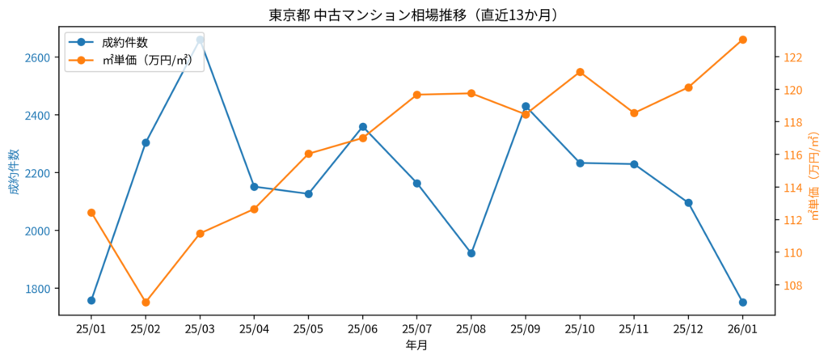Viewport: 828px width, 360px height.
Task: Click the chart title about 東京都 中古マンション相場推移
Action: tap(413, 15)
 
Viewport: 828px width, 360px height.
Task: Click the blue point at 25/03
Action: tap(200, 40)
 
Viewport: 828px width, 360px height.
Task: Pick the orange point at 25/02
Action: tap(146, 303)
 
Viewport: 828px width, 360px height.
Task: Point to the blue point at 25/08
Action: tap(471, 253)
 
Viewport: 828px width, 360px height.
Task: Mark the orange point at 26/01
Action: tap(742, 40)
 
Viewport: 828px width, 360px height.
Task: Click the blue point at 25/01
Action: tap(91, 300)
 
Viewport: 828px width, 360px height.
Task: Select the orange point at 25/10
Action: tap(580, 72)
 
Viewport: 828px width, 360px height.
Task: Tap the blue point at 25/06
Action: tap(363, 127)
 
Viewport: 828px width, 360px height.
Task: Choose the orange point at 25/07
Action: tap(417, 95)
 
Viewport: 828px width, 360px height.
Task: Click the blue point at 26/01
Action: tap(742, 303)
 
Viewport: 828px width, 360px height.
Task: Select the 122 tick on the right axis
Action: tap(792, 57)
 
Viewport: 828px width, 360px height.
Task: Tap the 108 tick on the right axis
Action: tap(792, 286)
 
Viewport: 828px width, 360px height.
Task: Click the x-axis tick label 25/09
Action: tap(526, 329)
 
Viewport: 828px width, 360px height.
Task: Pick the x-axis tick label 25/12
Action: tap(688, 329)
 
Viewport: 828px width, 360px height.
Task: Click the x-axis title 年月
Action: tap(416, 345)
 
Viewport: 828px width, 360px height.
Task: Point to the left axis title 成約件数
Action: tap(14, 172)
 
